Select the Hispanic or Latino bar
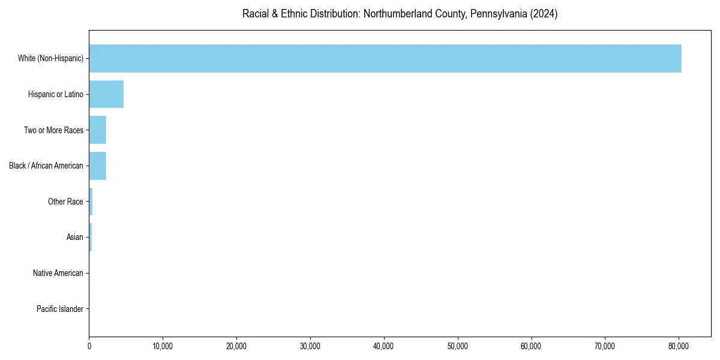coord(106,94)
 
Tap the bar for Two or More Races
coord(98,130)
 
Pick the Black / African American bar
coord(98,166)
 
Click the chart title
coord(400,14)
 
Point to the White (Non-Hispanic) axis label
coord(50,58)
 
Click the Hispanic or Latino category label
coord(56,94)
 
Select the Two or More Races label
coord(53,130)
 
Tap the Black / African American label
coord(46,166)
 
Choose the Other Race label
coord(65,202)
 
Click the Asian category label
coord(75,238)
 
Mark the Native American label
coord(58,273)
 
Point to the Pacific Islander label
coord(60,309)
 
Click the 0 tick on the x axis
coord(89,346)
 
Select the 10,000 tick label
coord(163,346)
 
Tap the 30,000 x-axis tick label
coord(310,346)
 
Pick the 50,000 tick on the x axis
coord(458,346)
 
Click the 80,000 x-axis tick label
coord(679,346)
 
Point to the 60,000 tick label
coord(532,346)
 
